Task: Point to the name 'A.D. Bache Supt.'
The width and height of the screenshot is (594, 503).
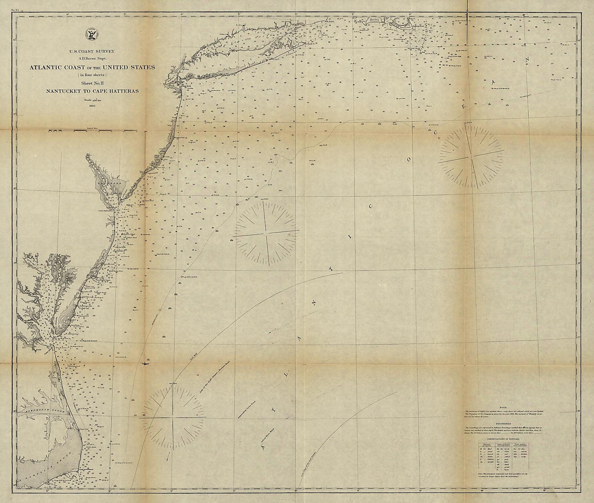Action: click(x=92, y=58)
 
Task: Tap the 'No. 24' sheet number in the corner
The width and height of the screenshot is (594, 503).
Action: click(x=15, y=10)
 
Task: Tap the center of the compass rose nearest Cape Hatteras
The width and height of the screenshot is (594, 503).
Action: click(x=173, y=418)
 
